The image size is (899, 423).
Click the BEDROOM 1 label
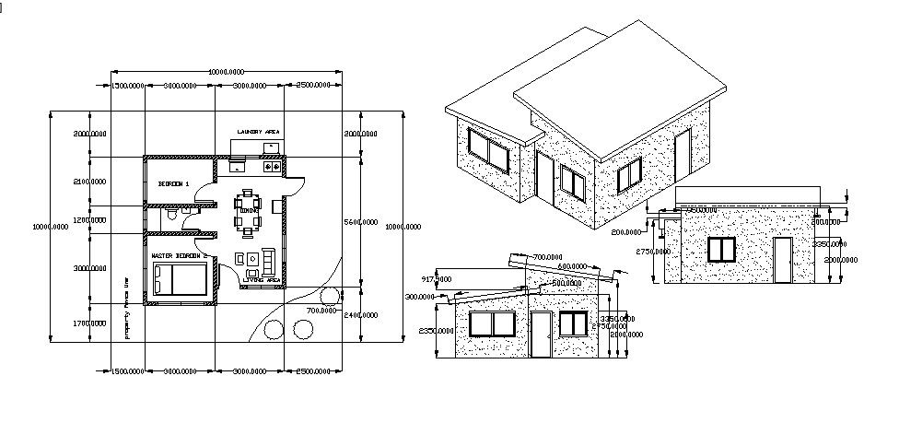click(x=173, y=184)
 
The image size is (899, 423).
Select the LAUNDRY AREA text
click(x=258, y=132)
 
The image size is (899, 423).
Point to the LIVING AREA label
click(x=261, y=279)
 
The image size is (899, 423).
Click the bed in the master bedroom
click(x=181, y=276)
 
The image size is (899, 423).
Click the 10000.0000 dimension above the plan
click(x=226, y=71)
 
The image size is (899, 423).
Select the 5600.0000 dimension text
click(x=360, y=222)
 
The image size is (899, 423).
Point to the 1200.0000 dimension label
click(x=88, y=220)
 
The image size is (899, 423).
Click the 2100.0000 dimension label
click(x=88, y=182)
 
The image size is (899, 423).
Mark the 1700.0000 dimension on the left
click(x=88, y=323)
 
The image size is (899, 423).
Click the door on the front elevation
click(x=541, y=335)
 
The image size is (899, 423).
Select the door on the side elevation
click(x=782, y=260)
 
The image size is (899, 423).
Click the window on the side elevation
click(x=721, y=250)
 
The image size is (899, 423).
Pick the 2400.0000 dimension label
click(x=360, y=315)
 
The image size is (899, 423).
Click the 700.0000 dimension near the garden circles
click(x=321, y=311)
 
